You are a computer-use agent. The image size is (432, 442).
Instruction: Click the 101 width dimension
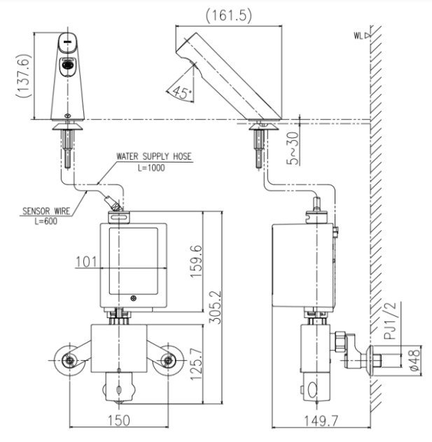pyautogui.click(x=86, y=263)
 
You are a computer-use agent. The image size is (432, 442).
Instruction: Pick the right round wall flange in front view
pyautogui.click(x=167, y=361)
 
